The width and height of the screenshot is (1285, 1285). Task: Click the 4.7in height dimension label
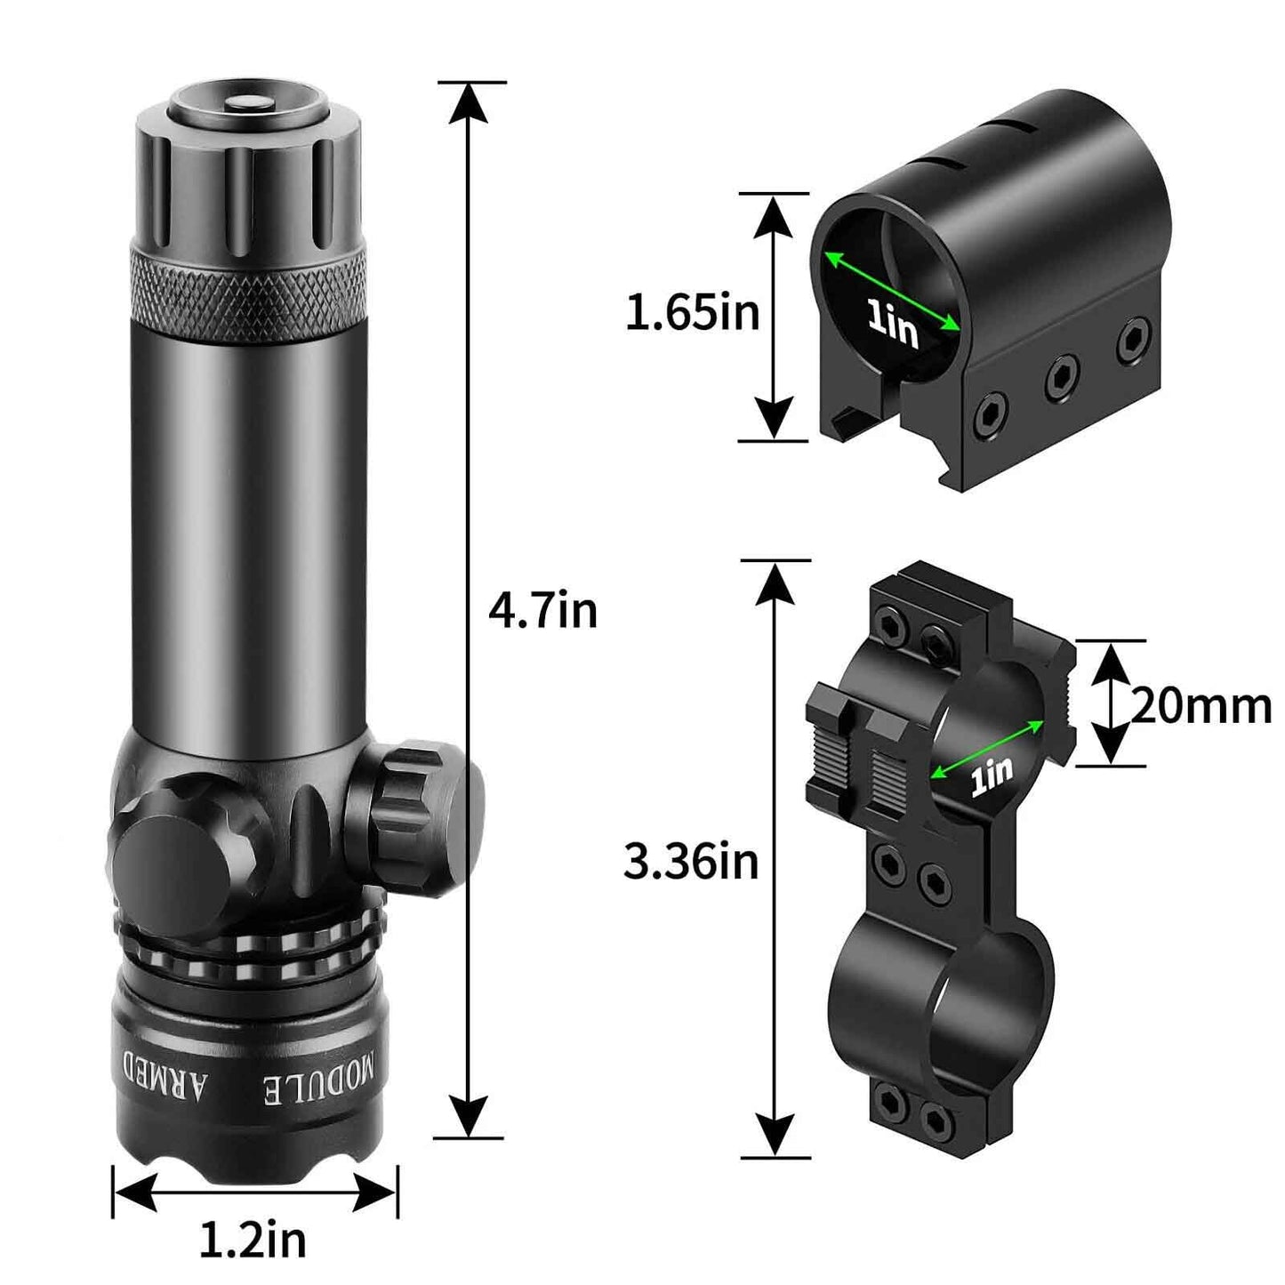pos(542,612)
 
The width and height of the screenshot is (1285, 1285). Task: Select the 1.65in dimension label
pos(692,314)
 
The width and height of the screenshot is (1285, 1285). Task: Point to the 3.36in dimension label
pos(691,862)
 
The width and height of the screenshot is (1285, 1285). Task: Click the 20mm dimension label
pos(1201,707)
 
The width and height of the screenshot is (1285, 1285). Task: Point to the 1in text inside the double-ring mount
pos(992,775)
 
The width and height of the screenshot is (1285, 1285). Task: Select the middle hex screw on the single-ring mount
pos(1060,377)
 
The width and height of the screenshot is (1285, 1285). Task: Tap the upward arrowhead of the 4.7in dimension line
pos(469,105)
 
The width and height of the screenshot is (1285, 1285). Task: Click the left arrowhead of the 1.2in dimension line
pos(135,1193)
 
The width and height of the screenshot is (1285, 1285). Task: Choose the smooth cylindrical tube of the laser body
pos(249,534)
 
